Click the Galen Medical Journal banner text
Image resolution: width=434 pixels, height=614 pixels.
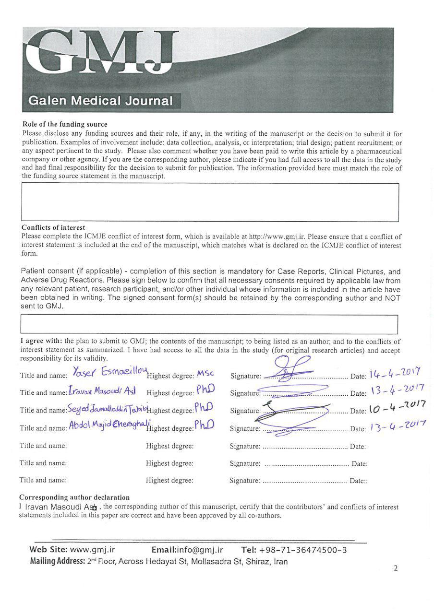coord(100,101)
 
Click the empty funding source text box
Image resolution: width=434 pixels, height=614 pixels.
coord(210,202)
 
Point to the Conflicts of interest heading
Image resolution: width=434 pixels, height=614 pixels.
coord(53,227)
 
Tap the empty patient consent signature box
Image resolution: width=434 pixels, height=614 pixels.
coord(209,324)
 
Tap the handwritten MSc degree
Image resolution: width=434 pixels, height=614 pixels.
coord(205,374)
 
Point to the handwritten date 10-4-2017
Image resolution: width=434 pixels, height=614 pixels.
coord(397,409)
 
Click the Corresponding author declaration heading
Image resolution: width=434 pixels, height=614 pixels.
coord(74,497)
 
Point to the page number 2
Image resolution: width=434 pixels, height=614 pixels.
coord(396,569)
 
